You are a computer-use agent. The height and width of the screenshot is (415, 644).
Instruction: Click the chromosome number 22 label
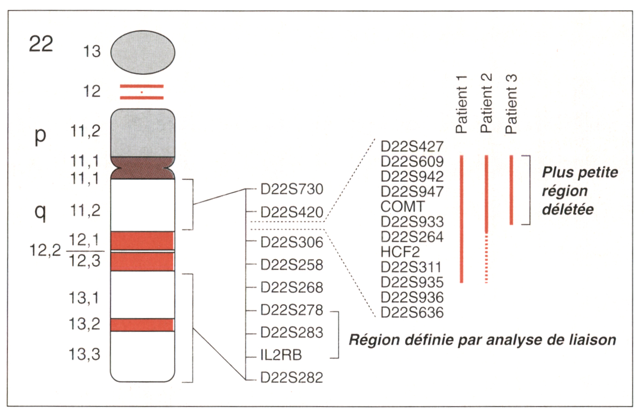tap(41, 44)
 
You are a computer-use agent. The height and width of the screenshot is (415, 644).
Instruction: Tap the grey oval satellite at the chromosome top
tap(143, 52)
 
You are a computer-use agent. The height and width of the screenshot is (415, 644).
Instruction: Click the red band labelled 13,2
tap(142, 325)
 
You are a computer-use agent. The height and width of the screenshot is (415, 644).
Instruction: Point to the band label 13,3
tap(84, 354)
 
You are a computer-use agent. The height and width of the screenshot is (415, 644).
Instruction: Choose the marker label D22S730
tap(292, 189)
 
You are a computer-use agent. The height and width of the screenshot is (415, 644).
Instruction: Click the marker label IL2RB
tap(281, 355)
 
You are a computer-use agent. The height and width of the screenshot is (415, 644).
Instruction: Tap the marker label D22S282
tap(292, 378)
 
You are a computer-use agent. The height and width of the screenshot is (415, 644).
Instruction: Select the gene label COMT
tap(402, 207)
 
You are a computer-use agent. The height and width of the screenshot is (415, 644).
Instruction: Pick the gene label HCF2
tap(400, 252)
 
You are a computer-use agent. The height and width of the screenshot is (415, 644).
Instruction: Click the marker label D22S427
tap(412, 147)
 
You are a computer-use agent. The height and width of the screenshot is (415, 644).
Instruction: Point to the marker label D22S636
tap(412, 313)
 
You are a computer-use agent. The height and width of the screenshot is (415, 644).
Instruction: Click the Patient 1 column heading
tap(461, 104)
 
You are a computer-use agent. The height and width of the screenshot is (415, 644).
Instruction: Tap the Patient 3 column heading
tap(511, 104)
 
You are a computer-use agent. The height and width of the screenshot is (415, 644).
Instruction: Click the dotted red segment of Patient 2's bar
tap(487, 258)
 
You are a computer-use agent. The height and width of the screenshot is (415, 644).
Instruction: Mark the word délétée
tap(568, 209)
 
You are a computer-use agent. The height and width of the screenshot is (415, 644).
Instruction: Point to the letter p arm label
tap(41, 135)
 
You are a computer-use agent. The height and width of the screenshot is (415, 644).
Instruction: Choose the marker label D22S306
tap(292, 242)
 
